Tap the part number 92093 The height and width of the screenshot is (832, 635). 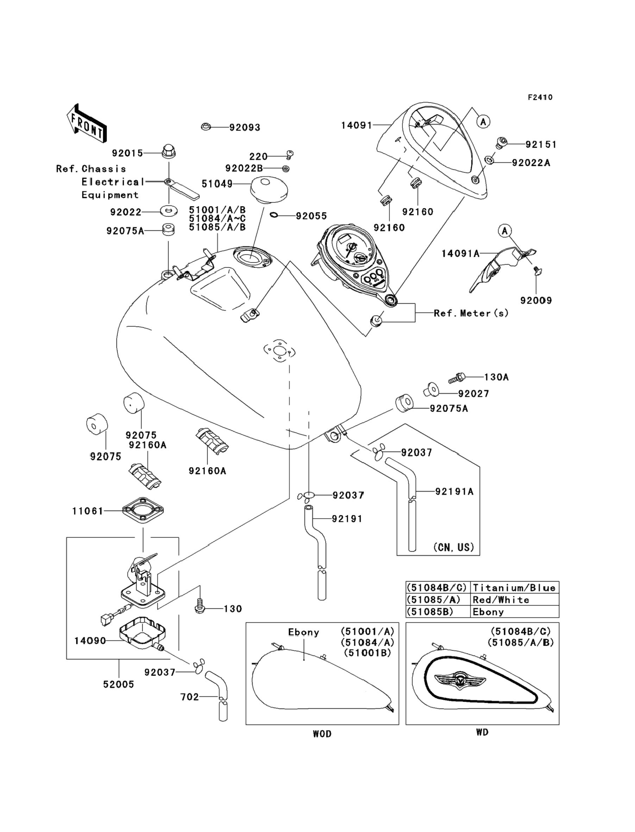coord(245,128)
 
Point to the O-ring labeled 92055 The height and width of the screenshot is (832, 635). coord(275,216)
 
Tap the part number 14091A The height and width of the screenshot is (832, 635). coord(460,253)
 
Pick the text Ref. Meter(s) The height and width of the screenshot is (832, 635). coord(471,313)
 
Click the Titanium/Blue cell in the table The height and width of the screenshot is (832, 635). coord(514,588)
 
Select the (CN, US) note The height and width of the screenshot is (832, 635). coord(454,547)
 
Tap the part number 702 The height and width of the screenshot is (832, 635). coord(190,697)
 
